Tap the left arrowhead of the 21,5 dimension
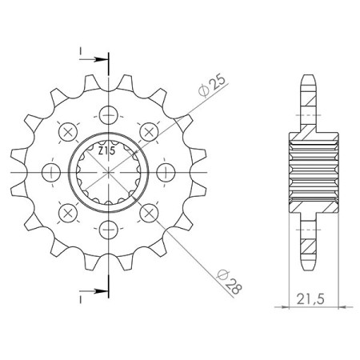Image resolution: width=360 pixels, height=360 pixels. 290,306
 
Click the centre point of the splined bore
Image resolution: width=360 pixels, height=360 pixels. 107,172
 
